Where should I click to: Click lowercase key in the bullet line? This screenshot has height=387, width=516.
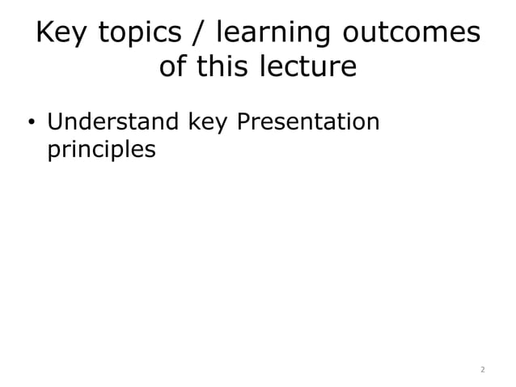pyautogui.click(x=208, y=123)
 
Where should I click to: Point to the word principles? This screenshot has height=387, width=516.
pyautogui.click(x=101, y=151)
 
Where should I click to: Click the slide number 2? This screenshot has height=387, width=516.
pyautogui.click(x=482, y=369)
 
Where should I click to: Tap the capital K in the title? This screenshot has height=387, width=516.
pyautogui.click(x=46, y=33)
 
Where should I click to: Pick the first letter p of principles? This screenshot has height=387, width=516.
pyautogui.click(x=54, y=151)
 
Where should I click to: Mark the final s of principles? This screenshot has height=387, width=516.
pyautogui.click(x=150, y=151)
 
